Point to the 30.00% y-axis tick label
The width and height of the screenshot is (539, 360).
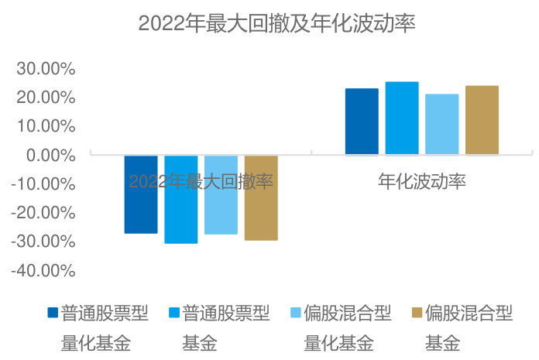pos(46,69)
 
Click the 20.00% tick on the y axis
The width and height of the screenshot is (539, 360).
pos(46,98)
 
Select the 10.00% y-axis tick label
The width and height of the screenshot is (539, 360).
pos(46,126)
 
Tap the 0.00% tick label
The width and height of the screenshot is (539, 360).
pos(50,155)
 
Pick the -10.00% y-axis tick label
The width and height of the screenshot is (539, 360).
pos(43,184)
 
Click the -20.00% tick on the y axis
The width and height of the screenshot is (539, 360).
pos(43,213)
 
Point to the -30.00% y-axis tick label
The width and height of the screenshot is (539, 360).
pos(43,242)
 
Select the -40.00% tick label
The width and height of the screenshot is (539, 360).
pos(43,271)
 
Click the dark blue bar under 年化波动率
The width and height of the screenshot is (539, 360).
pos(362,122)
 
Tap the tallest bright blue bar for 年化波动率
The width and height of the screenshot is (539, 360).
pos(402,118)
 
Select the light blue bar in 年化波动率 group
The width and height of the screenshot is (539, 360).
pos(441,125)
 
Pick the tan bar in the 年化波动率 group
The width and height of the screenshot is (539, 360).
pos(482,120)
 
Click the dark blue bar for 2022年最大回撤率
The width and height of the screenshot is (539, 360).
pos(141,194)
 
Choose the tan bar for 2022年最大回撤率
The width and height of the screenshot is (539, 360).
pos(261,197)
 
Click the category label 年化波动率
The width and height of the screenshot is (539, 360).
pos(421,182)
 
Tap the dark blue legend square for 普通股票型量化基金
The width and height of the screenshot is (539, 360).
pos(53,314)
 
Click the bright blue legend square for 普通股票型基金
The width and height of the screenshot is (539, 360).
pos(174,314)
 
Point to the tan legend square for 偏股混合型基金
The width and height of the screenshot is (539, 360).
pos(417,314)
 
